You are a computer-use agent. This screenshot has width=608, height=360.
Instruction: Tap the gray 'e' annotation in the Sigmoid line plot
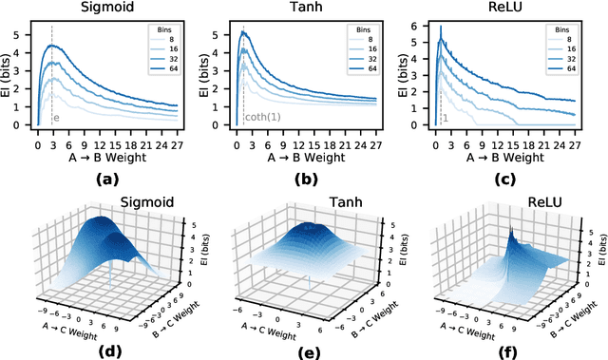pos(56,118)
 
